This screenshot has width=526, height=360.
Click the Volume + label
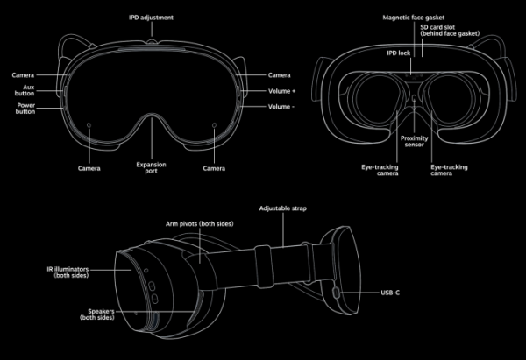pyautogui.click(x=281, y=90)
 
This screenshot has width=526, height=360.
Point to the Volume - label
pyautogui.click(x=281, y=108)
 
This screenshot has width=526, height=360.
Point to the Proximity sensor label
pyautogui.click(x=414, y=142)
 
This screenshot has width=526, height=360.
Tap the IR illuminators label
pyautogui.click(x=75, y=273)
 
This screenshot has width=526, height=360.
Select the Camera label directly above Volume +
pyautogui.click(x=279, y=75)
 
